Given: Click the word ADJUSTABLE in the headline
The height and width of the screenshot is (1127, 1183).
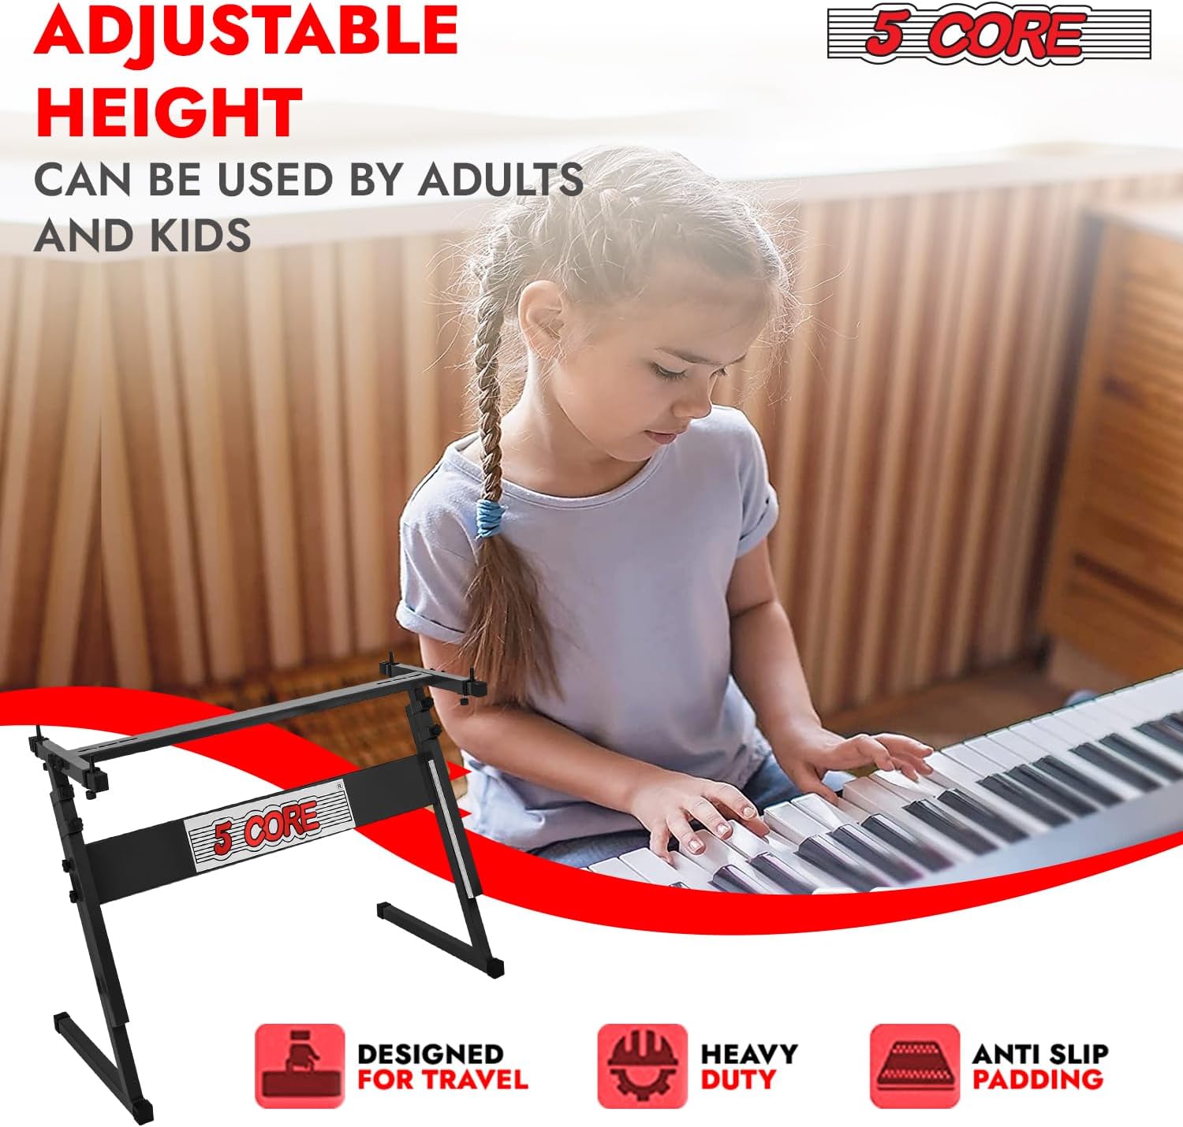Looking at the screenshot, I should pos(246,30).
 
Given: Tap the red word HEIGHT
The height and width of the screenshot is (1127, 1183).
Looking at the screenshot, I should pos(169,113).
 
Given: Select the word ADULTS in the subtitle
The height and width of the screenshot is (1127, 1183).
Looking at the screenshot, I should pos(501,180).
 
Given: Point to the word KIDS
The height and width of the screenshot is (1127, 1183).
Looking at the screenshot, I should pos(197,235).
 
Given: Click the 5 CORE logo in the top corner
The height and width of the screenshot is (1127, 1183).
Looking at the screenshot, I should pos(989,34).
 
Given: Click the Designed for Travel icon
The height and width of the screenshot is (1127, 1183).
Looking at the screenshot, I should pos(300,1066).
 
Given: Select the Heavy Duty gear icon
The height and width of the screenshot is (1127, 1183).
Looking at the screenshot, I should pos(642,1066).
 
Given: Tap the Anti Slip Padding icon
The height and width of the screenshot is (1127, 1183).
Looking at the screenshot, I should pos(915,1066).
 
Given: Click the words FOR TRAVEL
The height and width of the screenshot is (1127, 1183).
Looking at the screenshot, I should pos(442,1079).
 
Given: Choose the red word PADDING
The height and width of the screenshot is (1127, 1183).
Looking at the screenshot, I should pos(1037,1079).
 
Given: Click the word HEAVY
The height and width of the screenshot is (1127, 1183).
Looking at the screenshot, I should pos(749,1054).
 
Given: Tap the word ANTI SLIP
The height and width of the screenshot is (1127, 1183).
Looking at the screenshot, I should pos(1040,1054).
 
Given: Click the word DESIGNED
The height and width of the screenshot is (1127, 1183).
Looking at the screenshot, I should pos(431,1054).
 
